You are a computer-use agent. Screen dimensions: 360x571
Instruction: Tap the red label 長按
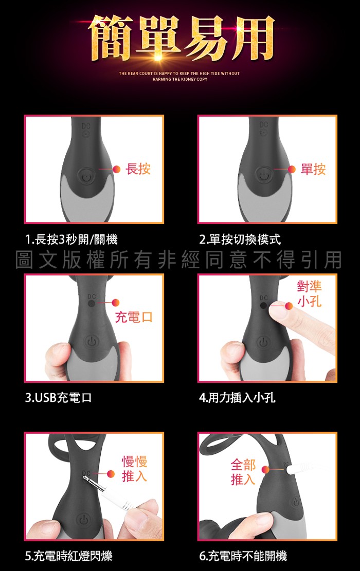(138, 169)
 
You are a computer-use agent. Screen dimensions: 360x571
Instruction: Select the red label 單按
(313, 169)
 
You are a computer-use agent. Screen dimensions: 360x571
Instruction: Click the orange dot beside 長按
(117, 169)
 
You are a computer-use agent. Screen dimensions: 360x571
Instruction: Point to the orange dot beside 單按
(292, 169)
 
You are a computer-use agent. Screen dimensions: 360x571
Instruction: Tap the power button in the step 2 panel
(264, 176)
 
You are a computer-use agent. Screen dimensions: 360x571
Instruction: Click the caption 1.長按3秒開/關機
(72, 240)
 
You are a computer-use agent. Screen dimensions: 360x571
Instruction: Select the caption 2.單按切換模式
(240, 240)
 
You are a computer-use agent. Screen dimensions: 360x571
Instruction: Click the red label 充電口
(133, 317)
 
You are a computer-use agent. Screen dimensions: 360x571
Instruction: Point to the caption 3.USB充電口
(58, 397)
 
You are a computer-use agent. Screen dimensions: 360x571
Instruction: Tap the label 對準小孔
(309, 294)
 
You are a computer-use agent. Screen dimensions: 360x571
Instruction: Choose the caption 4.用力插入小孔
(237, 397)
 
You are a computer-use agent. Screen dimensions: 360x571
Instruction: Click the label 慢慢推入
(134, 469)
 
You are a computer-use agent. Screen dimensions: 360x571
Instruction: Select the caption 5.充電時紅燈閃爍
(69, 556)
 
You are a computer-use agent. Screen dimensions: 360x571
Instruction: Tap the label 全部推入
(243, 472)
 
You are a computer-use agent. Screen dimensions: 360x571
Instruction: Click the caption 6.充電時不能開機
(243, 556)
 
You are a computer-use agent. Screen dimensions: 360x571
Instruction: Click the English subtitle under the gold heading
(179, 76)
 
